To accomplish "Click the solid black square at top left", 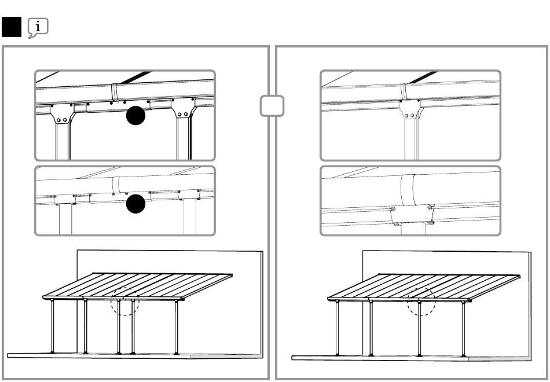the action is [12, 27].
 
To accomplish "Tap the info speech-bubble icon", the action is [38, 27].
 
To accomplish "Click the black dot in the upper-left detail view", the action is [135, 115].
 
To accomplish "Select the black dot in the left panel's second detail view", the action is [135, 204].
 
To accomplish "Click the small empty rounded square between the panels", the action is [272, 106].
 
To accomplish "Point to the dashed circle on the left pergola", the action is [125, 301].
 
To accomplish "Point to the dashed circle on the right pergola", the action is [420, 301].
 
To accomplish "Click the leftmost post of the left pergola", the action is [53, 327].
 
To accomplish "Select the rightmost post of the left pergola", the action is [176, 327].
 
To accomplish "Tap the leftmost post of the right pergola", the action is [338, 327].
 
